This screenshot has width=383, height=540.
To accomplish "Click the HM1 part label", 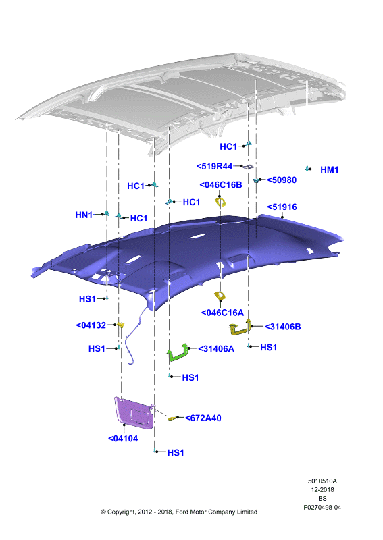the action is point(329,169).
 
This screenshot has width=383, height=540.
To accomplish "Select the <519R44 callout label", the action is point(214,166).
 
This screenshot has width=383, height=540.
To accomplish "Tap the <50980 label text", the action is point(282,180).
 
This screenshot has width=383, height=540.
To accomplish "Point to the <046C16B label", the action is point(221,185).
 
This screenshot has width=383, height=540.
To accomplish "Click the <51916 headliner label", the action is point(282,207).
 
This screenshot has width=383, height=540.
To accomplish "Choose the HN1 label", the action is point(84,215).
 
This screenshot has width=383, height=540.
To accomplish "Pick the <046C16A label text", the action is point(222,313).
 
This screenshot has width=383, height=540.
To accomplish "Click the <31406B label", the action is point(282,327).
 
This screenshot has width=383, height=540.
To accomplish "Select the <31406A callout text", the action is point(216,349).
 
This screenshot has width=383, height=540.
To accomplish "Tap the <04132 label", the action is point(91,325).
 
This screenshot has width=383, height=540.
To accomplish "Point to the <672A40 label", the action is point(203,418).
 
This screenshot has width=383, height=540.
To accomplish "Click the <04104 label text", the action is point(123,439).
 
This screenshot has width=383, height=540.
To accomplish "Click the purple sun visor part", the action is point(135,412).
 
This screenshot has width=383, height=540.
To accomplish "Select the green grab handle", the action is point(178,353).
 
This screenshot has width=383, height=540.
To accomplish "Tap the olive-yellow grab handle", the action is point(240,327).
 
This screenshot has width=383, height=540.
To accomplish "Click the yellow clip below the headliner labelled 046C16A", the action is point(219,296).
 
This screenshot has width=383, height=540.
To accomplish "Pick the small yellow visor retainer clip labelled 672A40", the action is point(172,418).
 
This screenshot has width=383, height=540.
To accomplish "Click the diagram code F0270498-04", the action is point(322,508).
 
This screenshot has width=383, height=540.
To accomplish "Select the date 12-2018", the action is point(322,490).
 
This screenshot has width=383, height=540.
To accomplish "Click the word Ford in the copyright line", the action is point(182,512).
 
